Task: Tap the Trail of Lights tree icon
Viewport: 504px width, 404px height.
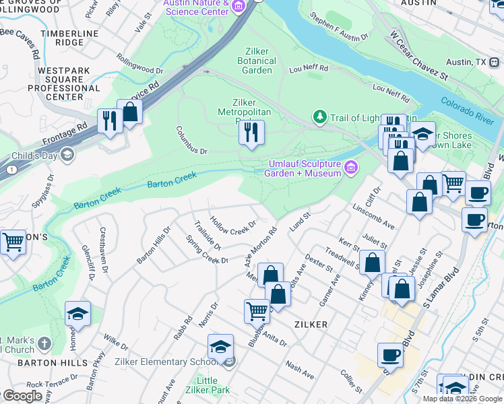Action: [x=319, y=118]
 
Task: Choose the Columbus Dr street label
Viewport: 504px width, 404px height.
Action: [x=191, y=139]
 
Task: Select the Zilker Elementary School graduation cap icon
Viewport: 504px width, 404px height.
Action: [x=220, y=347]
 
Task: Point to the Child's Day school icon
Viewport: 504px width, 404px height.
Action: [x=66, y=156]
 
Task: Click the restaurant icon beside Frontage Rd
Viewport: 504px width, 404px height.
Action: [x=109, y=121]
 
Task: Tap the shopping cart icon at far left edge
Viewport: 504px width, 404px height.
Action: [x=12, y=242]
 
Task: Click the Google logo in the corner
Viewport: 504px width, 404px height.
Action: [x=22, y=396]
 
